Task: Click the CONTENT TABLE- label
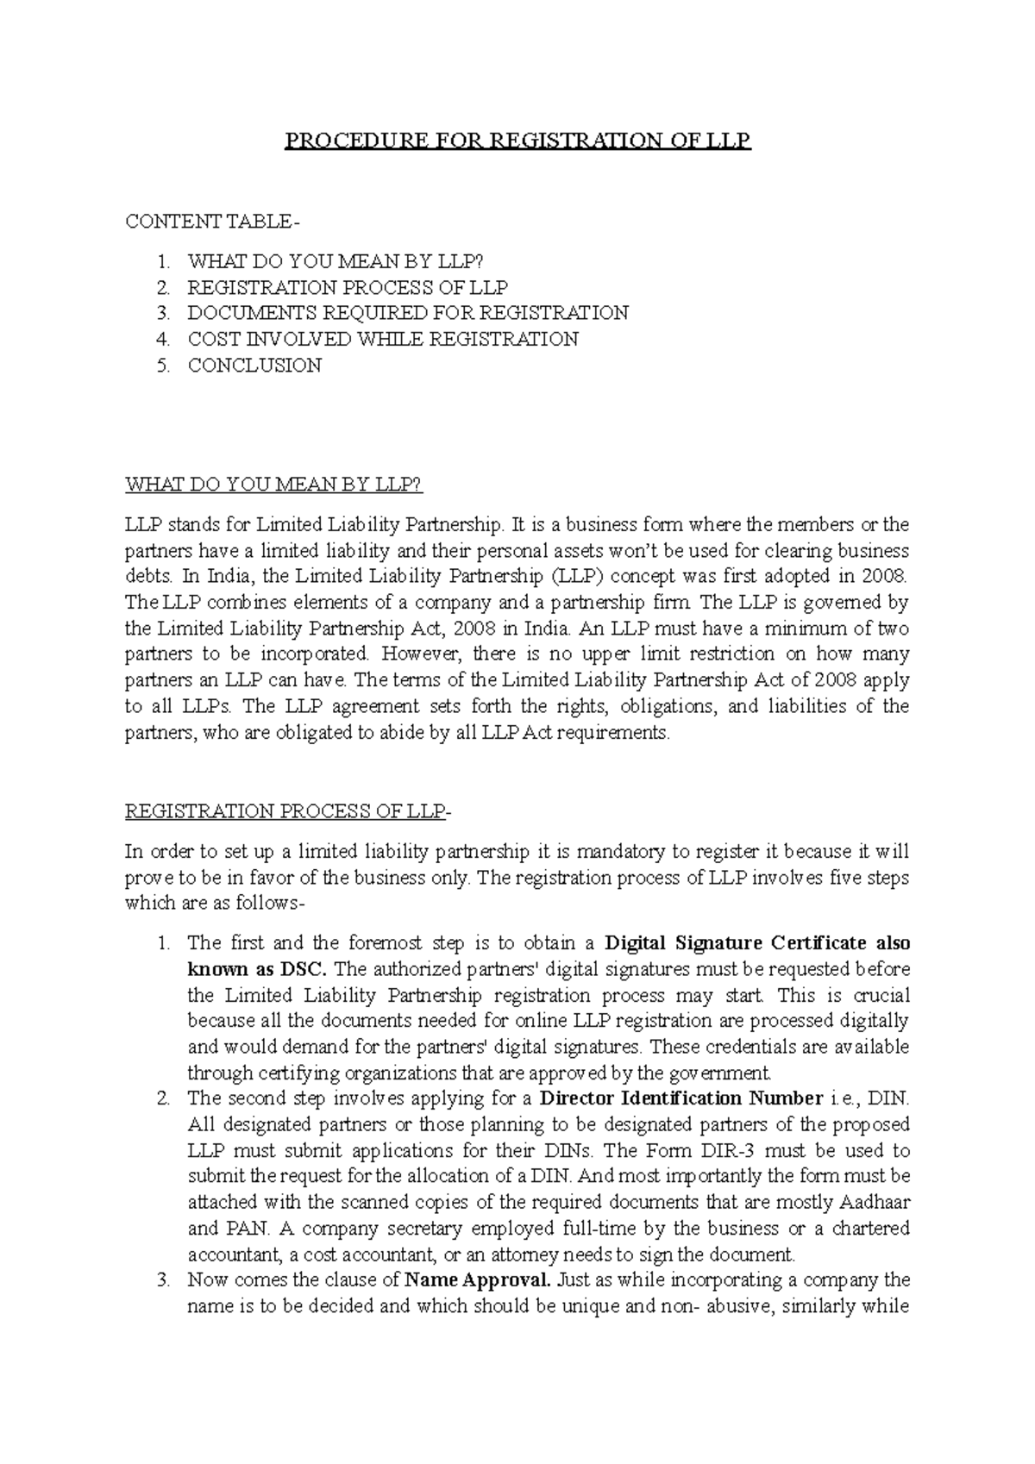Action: [x=213, y=222]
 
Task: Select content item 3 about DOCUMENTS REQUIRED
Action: [x=408, y=313]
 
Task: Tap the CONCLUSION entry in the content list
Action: [x=254, y=366]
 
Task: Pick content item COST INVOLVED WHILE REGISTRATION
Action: [x=383, y=340]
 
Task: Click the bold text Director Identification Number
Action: [x=681, y=1098]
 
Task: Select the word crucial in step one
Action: [x=881, y=995]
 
